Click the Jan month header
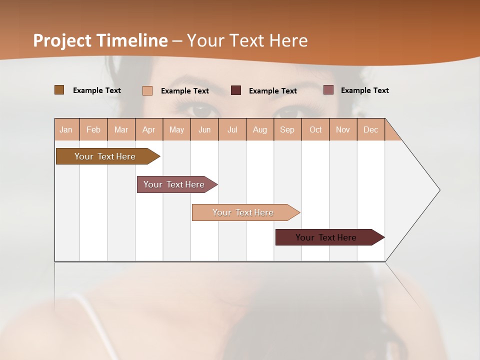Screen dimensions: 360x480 pyautogui.click(x=66, y=129)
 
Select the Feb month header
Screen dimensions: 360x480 pyautogui.click(x=93, y=129)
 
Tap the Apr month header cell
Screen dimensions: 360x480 pyautogui.click(x=149, y=129)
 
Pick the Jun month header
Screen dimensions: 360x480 pyautogui.click(x=204, y=129)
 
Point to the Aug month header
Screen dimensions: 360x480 pyautogui.click(x=260, y=129)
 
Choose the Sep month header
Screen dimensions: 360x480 pyautogui.click(x=287, y=129)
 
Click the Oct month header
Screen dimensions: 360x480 pyautogui.click(x=315, y=129)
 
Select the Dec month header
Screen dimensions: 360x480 pyautogui.click(x=371, y=129)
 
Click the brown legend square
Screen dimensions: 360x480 pyautogui.click(x=59, y=90)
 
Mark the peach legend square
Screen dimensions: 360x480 pyautogui.click(x=147, y=90)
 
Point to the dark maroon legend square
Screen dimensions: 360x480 pyautogui.click(x=236, y=90)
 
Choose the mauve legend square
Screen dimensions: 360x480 pyautogui.click(x=328, y=90)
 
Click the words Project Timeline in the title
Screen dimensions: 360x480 pyautogui.click(x=100, y=40)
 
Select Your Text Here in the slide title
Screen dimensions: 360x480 pyautogui.click(x=247, y=40)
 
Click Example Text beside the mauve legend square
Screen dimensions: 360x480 pyautogui.click(x=364, y=90)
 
